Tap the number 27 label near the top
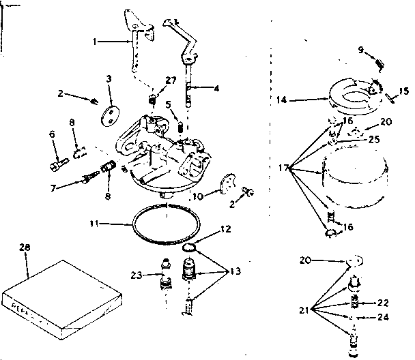[x=171, y=80]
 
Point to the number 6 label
[x=52, y=134]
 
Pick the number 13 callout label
[x=235, y=271]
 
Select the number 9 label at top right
[x=362, y=49]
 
